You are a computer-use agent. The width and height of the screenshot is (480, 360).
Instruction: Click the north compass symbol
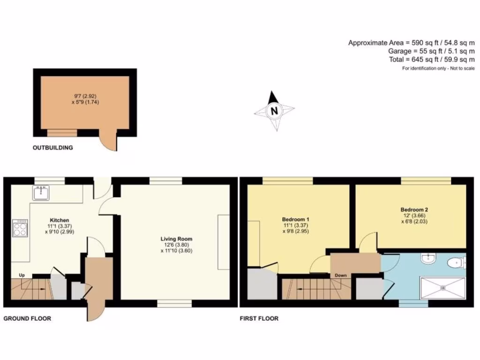coord(274,111)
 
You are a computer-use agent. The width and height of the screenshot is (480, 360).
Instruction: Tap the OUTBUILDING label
coord(52,148)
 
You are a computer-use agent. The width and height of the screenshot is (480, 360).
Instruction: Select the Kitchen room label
coord(60,220)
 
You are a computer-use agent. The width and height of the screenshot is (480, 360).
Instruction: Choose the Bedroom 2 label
coord(414,210)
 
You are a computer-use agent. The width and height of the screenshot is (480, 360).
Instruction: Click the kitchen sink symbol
coord(41,192)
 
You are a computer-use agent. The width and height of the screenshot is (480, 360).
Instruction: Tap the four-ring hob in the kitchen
coord(20,229)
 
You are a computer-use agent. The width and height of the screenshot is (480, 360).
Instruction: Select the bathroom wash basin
coord(427,258)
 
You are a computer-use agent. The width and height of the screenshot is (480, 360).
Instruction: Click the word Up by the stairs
coord(22,275)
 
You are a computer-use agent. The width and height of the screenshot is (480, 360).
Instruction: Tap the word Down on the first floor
coord(341,275)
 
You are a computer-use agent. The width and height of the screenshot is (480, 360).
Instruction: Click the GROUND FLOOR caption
coord(27,318)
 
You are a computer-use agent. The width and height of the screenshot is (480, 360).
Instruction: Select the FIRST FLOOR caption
coord(259,318)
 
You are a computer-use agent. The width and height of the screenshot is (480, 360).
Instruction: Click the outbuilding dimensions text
coord(85,99)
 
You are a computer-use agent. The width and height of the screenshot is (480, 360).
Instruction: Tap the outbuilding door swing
coord(109,142)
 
